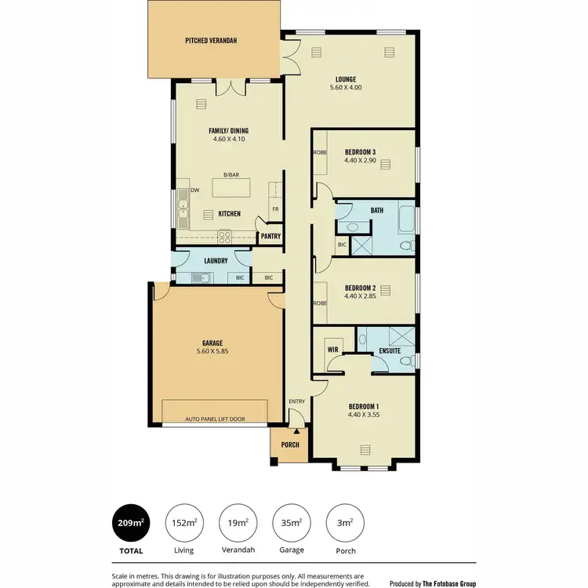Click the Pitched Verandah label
(x=211, y=40)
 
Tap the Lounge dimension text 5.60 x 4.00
(x=346, y=89)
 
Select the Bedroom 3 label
(x=360, y=151)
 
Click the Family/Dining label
(x=229, y=130)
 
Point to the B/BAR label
(x=230, y=175)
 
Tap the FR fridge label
(x=275, y=209)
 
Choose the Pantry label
(x=270, y=236)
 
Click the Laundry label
(x=216, y=260)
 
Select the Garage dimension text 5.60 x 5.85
(x=212, y=352)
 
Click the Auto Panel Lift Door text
(x=215, y=419)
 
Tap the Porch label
(x=290, y=445)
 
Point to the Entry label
(x=296, y=401)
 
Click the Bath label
(x=376, y=210)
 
